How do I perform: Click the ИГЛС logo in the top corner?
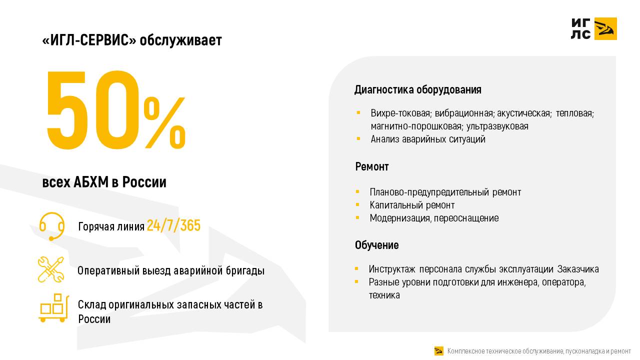click(x=593, y=28)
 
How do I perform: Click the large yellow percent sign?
click(x=164, y=122)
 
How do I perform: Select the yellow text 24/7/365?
click(x=173, y=226)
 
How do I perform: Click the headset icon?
click(x=51, y=225)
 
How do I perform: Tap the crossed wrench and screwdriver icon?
click(x=51, y=269)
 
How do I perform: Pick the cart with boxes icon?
click(x=52, y=307)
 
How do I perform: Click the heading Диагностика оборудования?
click(x=417, y=90)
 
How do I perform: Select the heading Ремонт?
click(x=371, y=166)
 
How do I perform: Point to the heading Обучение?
click(x=376, y=245)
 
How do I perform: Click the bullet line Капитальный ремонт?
click(x=412, y=205)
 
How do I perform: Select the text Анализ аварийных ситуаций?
click(x=427, y=139)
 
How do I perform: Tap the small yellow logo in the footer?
click(x=439, y=351)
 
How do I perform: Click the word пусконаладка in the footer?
click(x=583, y=351)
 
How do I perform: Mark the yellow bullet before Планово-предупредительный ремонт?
click(x=357, y=192)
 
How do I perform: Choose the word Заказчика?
click(x=578, y=269)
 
